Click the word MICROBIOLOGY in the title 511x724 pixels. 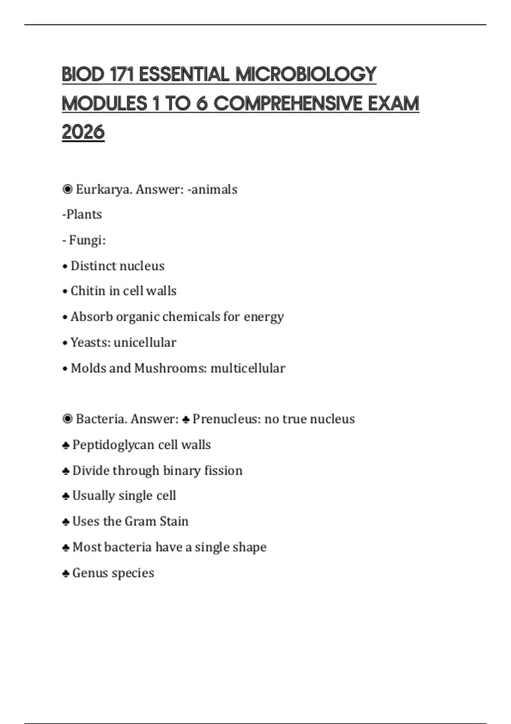(306, 75)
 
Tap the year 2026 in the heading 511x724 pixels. (83, 132)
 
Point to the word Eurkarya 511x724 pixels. (103, 189)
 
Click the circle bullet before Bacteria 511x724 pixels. (67, 419)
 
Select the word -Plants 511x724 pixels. (82, 214)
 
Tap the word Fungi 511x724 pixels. (87, 240)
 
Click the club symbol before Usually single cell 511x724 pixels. (66, 496)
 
